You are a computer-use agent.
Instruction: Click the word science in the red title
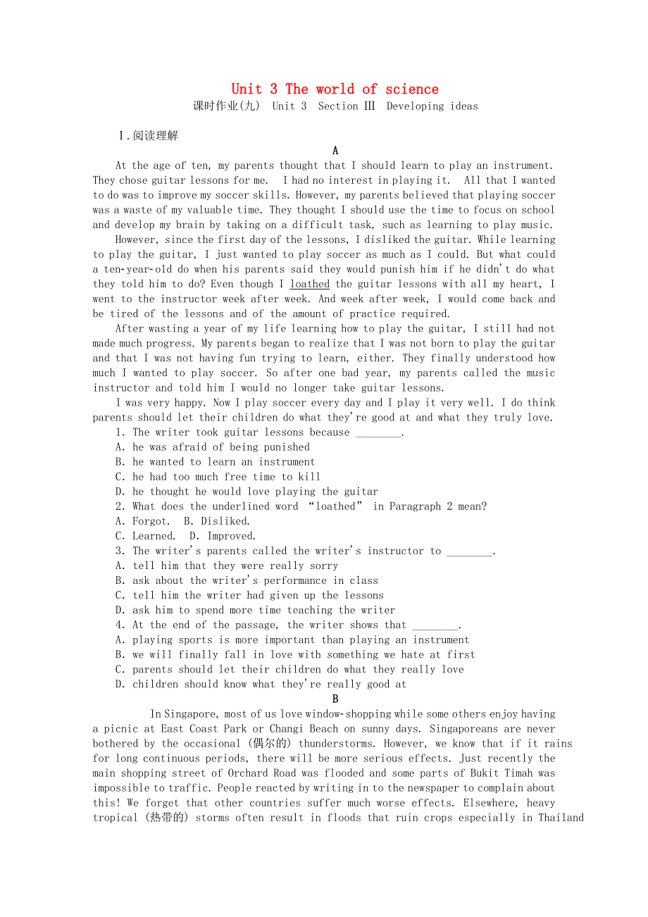(x=411, y=89)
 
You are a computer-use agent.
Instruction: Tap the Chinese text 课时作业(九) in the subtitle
(x=227, y=106)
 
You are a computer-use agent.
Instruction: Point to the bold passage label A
(x=335, y=151)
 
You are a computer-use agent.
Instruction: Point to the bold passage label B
(x=335, y=699)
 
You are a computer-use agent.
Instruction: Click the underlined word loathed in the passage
(x=309, y=285)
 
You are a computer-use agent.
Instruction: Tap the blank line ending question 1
(x=378, y=432)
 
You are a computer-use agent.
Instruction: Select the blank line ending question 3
(x=470, y=551)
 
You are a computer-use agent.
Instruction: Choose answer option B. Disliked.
(x=216, y=521)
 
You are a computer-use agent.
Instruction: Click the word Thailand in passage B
(x=561, y=818)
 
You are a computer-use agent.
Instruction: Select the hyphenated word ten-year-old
(x=143, y=270)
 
